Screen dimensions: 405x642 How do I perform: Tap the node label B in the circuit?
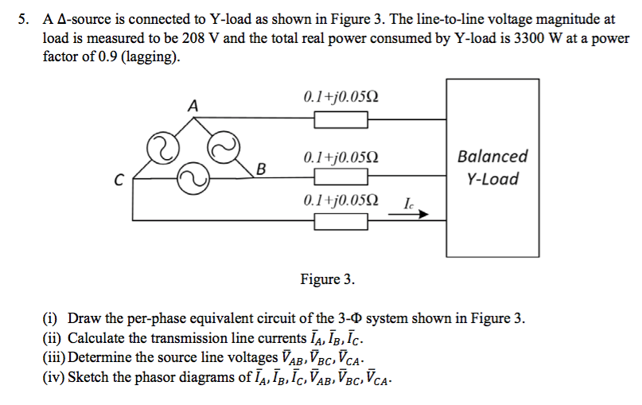point(260,168)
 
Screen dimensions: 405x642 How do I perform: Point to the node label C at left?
point(118,181)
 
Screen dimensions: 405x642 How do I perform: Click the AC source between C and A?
point(161,146)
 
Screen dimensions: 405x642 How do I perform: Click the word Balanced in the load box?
point(492,157)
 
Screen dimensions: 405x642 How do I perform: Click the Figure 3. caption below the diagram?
point(327,279)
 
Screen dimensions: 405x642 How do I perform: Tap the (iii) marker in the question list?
point(54,357)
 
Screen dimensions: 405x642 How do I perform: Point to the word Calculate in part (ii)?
point(99,338)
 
